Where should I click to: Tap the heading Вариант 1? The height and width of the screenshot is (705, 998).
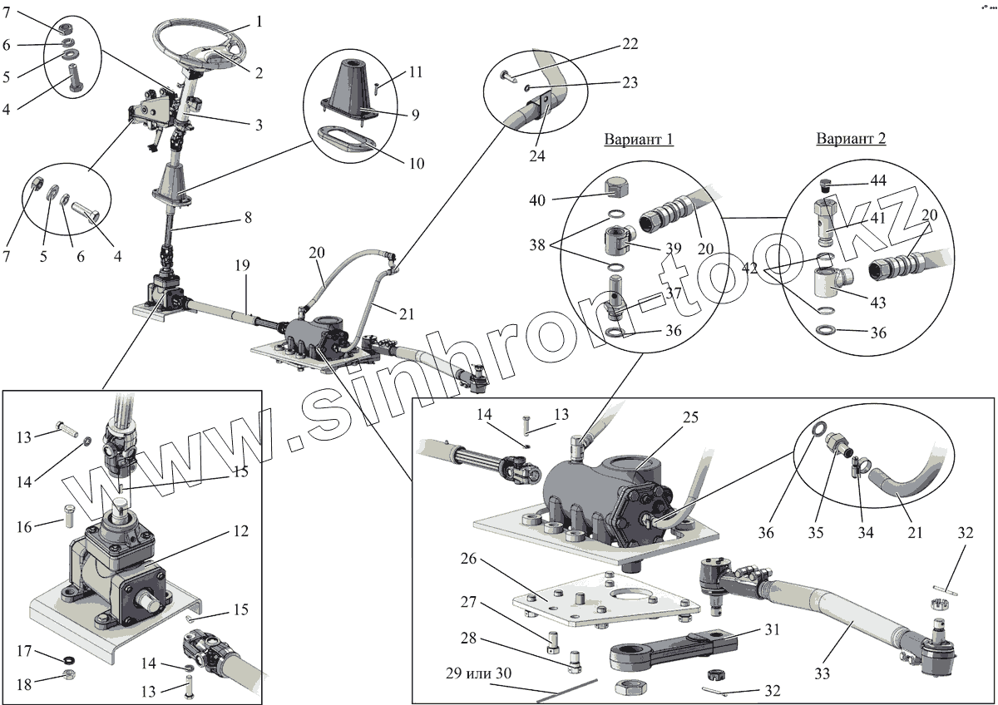[638, 139]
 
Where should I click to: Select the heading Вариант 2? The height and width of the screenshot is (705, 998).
[851, 138]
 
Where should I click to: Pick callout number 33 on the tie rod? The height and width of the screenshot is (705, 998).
[823, 671]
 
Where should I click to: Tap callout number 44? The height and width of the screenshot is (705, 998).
[877, 181]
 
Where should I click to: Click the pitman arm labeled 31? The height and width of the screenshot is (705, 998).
[674, 648]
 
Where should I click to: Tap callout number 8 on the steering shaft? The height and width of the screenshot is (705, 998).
[247, 218]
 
